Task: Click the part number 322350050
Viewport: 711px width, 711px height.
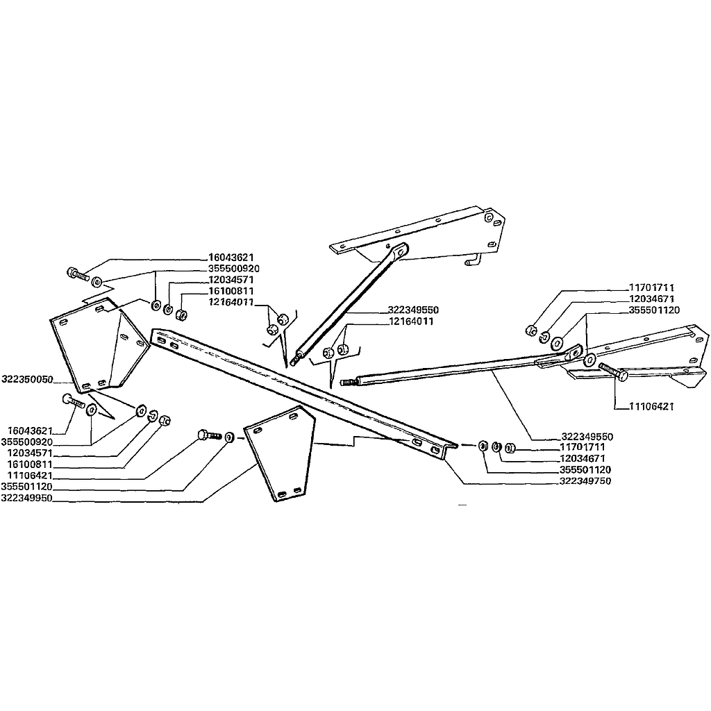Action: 27,379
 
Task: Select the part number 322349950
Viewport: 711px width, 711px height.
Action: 27,498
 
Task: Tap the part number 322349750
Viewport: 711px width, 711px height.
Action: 585,480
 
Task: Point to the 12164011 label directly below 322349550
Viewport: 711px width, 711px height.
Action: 411,321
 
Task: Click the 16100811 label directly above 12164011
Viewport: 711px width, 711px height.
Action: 231,291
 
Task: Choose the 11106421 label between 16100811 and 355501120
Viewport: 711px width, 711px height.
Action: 30,476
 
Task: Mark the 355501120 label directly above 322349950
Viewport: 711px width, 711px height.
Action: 27,487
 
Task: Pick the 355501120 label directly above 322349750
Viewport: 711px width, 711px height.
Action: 585,469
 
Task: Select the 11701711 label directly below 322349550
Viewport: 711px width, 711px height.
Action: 583,447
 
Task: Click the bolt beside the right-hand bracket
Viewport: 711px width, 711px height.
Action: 613,370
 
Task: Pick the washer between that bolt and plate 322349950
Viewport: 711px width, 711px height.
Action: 230,437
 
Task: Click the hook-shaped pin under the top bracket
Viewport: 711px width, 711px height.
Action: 472,260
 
